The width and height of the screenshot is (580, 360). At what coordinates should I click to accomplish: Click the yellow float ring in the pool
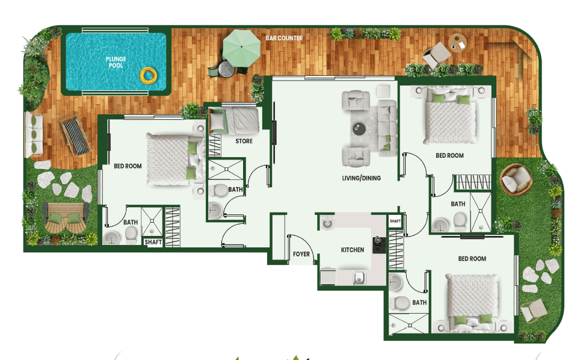tap(147, 76)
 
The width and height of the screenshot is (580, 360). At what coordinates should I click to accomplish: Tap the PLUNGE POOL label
tap(116, 62)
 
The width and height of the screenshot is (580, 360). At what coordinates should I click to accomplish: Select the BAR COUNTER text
tap(284, 39)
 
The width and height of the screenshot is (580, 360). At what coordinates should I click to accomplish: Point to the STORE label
tap(244, 141)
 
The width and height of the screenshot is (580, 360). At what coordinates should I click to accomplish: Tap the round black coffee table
tap(359, 127)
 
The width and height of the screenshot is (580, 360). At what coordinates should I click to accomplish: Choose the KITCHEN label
tap(353, 250)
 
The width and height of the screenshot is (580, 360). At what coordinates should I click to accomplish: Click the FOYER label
tap(301, 255)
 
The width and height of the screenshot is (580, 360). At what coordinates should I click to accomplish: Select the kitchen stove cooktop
tap(379, 245)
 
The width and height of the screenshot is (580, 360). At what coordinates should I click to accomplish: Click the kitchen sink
tap(359, 278)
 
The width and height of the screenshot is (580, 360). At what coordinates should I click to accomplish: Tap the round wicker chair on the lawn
tap(516, 179)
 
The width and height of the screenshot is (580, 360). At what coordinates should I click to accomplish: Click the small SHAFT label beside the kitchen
tap(395, 222)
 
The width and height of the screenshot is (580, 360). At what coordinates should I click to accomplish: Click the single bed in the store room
tap(235, 120)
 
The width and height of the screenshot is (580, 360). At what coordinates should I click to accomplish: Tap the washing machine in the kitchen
tap(327, 222)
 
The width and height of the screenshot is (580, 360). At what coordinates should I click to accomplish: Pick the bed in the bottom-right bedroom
tap(474, 300)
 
